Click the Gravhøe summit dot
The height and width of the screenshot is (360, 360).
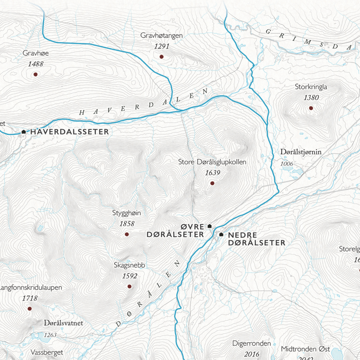35,74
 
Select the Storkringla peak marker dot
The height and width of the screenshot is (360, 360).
311,108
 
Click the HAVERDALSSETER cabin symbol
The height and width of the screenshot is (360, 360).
24,131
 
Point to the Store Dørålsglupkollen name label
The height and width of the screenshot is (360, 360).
213,162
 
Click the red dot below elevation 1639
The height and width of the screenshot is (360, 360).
213,183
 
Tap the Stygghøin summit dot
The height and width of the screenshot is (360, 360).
127,234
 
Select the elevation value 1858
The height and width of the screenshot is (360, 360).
127,224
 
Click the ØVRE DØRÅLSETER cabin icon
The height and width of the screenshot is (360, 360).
210,226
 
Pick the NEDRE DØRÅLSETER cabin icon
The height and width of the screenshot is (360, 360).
221,234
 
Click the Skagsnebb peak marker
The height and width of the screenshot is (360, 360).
129,287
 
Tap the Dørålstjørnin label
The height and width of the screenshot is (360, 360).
301,152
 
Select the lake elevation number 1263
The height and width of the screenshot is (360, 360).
50,335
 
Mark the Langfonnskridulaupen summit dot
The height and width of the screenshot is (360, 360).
29,309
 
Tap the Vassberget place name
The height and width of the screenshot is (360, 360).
47,352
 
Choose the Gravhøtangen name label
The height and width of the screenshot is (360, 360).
161,35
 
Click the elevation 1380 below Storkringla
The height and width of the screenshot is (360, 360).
311,97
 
